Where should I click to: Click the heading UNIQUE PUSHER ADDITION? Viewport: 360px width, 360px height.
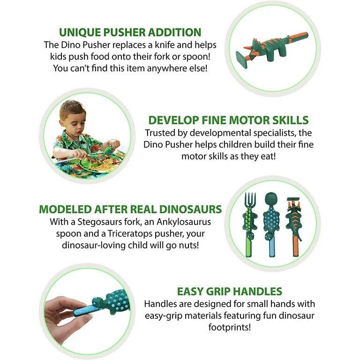[130, 32]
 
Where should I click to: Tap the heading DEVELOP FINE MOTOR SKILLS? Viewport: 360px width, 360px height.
[228, 120]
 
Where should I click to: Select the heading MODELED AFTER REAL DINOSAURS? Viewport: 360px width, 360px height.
[130, 209]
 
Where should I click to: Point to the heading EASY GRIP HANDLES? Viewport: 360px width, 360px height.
[229, 291]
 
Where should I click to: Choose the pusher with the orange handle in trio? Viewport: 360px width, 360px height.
[294, 227]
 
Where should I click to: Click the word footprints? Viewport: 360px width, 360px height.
[230, 327]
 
